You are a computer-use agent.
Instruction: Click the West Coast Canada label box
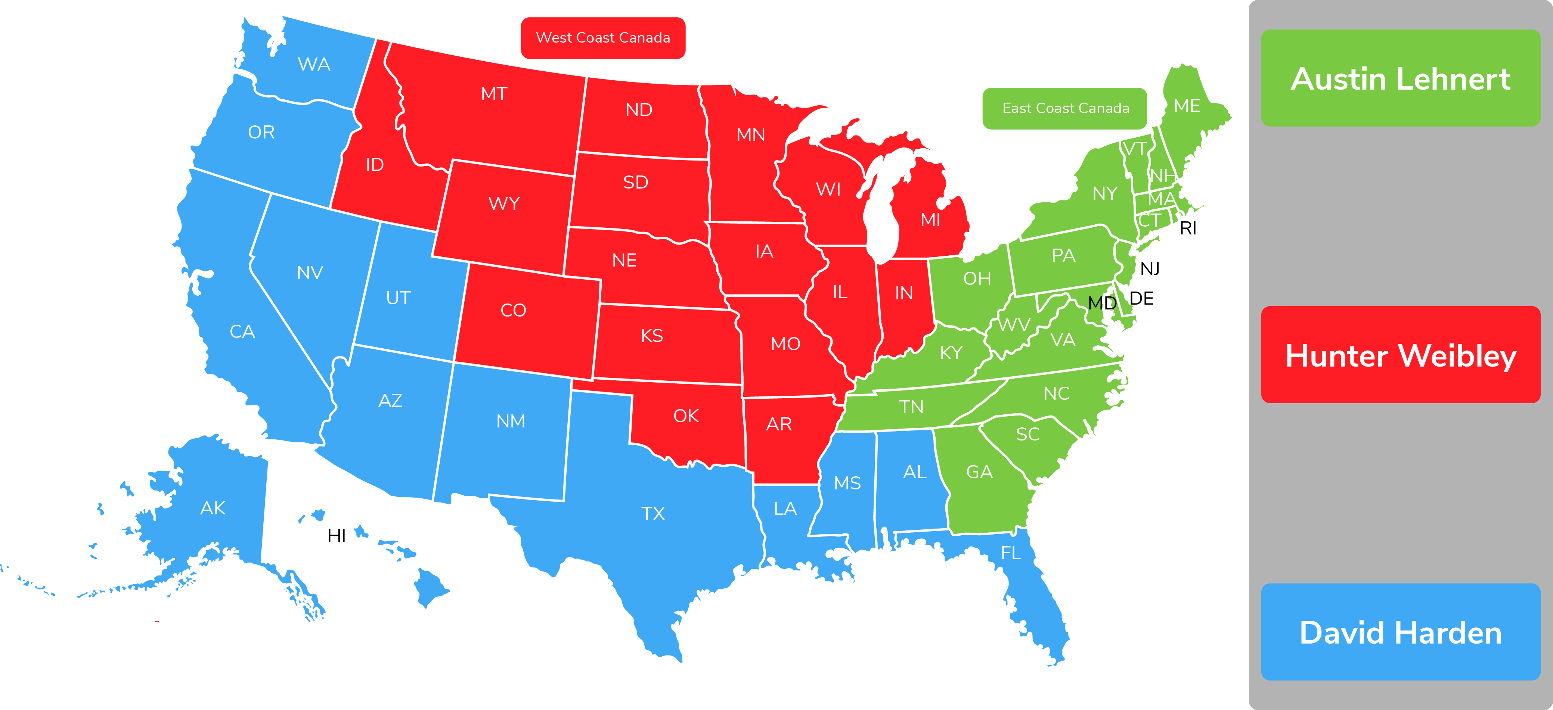(603, 38)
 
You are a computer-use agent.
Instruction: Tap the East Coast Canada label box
(1065, 109)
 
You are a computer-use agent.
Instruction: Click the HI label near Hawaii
(337, 536)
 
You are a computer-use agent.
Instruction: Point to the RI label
(1188, 228)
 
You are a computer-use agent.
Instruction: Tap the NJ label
(1150, 269)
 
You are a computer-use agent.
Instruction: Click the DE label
(1141, 298)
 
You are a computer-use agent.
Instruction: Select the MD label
(1102, 303)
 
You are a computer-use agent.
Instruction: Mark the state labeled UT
(398, 298)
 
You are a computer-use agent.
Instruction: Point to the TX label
(653, 514)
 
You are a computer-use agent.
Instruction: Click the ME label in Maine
(1187, 106)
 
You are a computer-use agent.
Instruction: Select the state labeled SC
(1028, 434)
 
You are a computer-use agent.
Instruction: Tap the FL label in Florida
(1011, 553)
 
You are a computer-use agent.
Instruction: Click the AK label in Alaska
(213, 508)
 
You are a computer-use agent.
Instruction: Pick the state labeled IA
(764, 251)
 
